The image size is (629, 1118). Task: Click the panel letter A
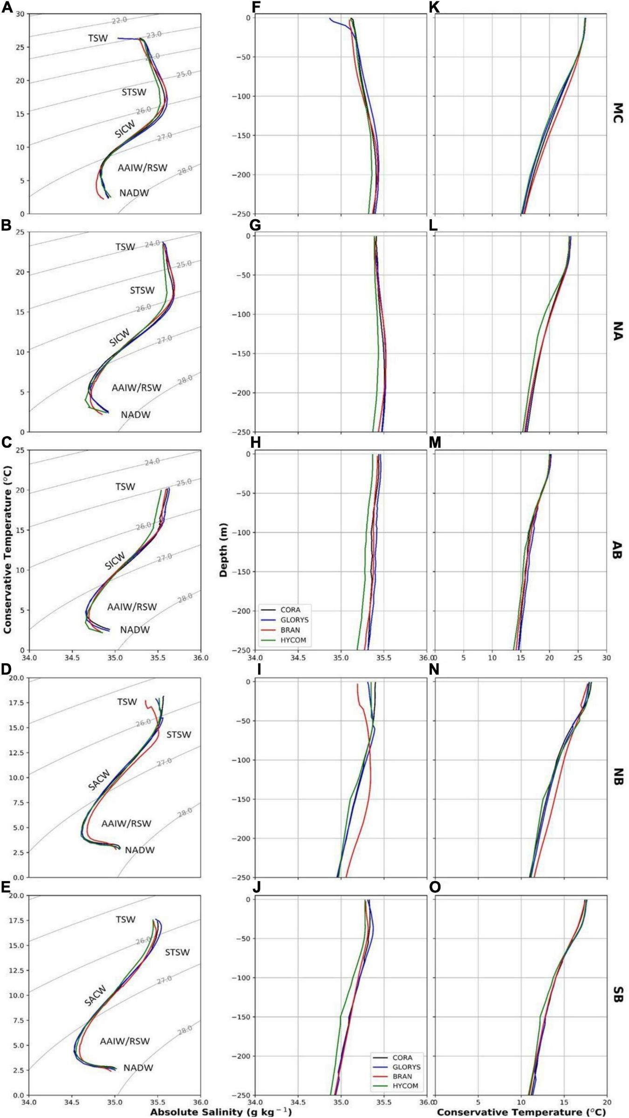tap(6, 7)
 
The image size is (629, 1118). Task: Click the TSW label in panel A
tap(98, 38)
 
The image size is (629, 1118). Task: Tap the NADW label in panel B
tap(136, 415)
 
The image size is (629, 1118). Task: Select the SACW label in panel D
tap(99, 780)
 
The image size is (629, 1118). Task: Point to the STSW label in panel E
tap(178, 952)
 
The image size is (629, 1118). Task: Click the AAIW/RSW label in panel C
tap(132, 607)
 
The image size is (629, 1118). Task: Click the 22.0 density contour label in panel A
tap(119, 20)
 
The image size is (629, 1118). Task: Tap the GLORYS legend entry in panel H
tap(294, 620)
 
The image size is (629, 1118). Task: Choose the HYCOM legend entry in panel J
tap(405, 1086)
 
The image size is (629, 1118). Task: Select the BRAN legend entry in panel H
tap(290, 630)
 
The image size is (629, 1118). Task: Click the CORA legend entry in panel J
tap(402, 1057)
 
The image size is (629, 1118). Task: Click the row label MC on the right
tap(617, 113)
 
